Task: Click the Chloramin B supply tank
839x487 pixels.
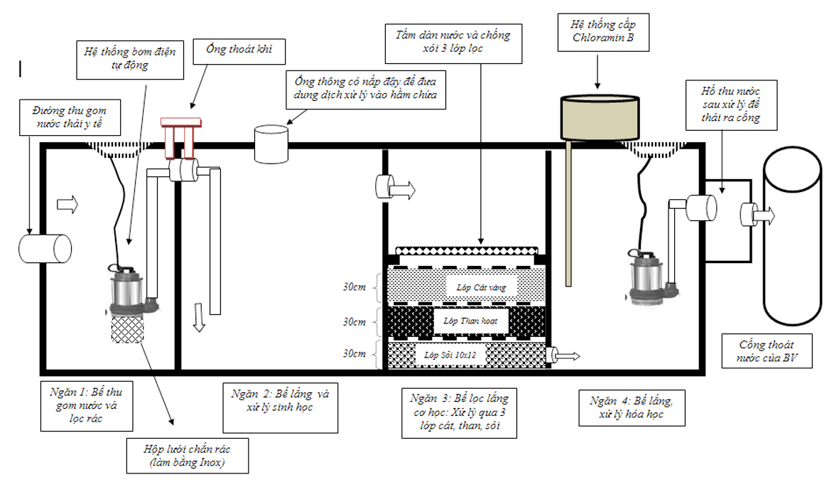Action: (x=600, y=119)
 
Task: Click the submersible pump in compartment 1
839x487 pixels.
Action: (x=127, y=290)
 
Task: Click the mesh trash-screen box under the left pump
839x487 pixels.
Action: (x=127, y=328)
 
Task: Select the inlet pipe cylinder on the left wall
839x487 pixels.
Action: (x=45, y=249)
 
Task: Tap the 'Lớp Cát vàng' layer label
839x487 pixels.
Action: (x=481, y=288)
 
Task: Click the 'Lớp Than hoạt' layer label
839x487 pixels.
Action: (x=470, y=321)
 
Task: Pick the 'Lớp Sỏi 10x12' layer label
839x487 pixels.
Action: (x=450, y=355)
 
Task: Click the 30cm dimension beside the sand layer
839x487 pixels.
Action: (x=354, y=287)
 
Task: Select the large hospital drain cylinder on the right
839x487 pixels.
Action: (x=792, y=236)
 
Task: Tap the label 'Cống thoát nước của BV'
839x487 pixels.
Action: (x=767, y=351)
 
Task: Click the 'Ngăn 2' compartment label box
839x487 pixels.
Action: (x=281, y=407)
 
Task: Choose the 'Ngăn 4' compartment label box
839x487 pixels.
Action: (x=632, y=407)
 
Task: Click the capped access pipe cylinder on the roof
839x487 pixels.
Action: (x=271, y=144)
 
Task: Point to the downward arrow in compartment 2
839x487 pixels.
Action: (x=199, y=317)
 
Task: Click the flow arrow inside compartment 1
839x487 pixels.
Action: (x=67, y=204)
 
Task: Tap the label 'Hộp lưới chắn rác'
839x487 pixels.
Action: (x=188, y=456)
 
